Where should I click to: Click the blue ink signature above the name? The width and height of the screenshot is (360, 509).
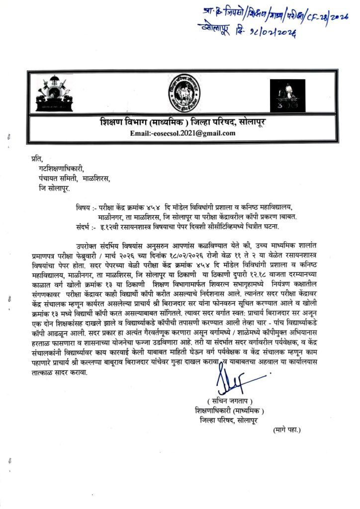[238, 383]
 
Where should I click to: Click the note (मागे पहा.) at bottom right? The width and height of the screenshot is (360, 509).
[287, 428]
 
